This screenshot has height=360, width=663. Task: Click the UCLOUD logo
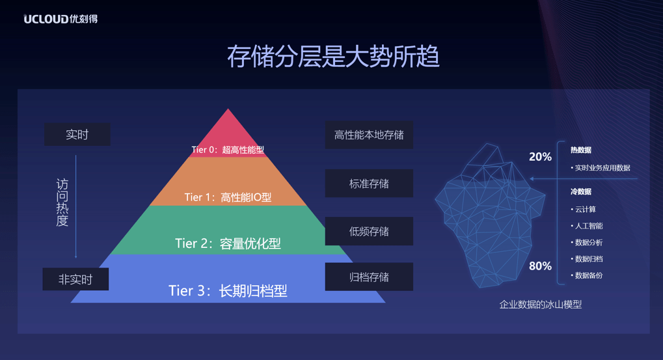point(61,19)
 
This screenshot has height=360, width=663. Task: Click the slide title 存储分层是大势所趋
point(332,57)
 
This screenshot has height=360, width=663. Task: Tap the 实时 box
point(77,135)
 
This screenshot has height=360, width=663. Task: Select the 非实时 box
point(75,279)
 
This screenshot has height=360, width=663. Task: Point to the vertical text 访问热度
point(62,202)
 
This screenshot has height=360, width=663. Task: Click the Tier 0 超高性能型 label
point(228,150)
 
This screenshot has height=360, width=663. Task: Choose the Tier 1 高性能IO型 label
point(228,197)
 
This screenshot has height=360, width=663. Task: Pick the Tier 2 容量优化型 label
point(228,243)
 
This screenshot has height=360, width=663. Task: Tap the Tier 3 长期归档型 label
point(228,290)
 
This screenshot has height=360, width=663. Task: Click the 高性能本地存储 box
point(369,135)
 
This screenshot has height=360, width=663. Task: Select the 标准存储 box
point(369,184)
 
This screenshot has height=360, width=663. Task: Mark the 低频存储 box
point(369,231)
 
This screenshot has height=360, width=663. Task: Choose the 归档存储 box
point(369,277)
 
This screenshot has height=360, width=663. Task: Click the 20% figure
point(540,157)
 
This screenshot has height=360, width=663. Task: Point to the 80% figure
point(540,266)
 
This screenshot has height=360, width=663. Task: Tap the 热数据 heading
point(581,150)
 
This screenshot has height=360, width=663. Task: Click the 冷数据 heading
point(581,192)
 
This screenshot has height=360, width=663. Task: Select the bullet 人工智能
point(589,226)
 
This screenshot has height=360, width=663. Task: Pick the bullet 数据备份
point(589,275)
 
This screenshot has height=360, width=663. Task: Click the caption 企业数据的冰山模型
point(540,304)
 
